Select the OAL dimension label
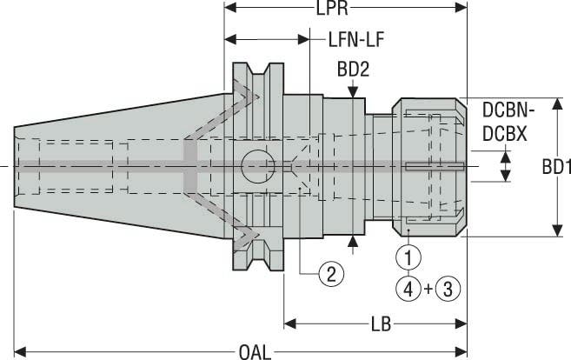point(254,351)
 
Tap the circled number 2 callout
point(329,275)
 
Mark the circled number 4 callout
point(406,287)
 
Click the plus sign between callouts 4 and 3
point(425,287)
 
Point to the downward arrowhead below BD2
point(353,90)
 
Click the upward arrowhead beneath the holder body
point(353,242)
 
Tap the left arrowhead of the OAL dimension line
point(20,351)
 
